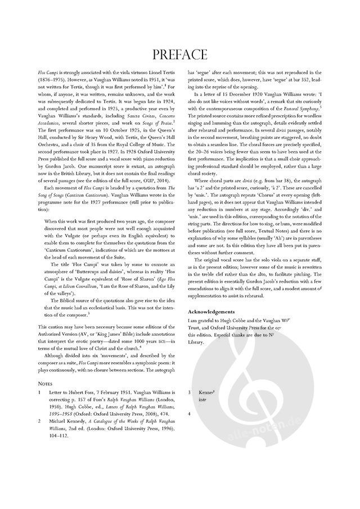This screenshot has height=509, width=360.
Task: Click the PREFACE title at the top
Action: coord(180,54)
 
